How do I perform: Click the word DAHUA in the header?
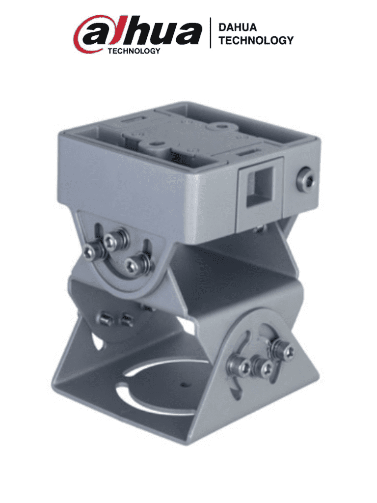click(238, 28)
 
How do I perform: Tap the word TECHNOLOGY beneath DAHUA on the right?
click(256, 40)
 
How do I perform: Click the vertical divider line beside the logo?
click(211, 33)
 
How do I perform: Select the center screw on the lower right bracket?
click(266, 367)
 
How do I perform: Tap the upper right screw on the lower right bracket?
click(287, 352)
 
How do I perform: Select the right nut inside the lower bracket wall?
click(126, 320)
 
